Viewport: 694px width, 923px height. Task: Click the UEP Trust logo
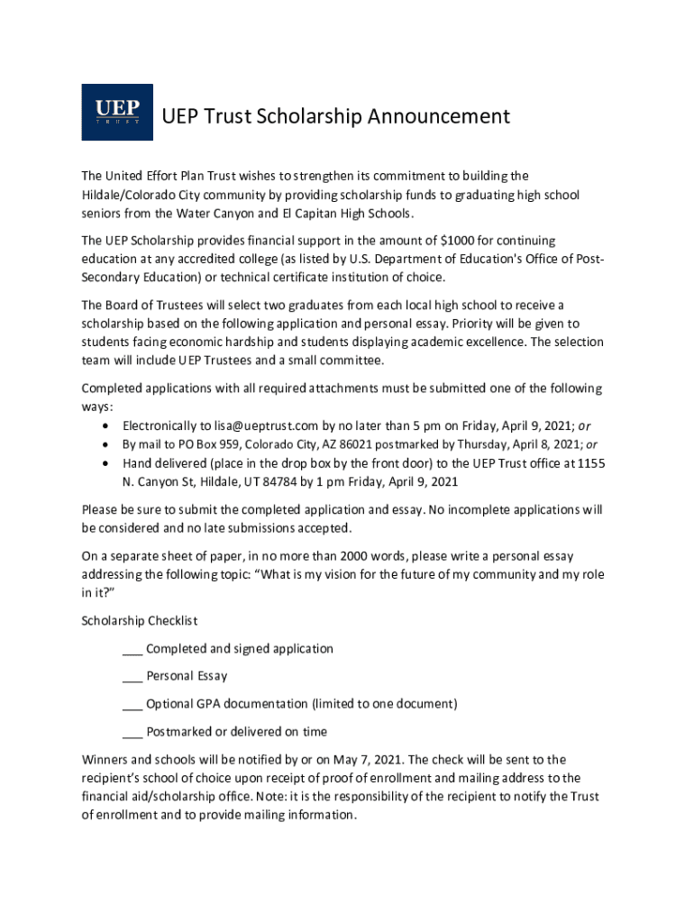coord(117,112)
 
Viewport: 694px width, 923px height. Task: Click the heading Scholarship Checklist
coord(140,621)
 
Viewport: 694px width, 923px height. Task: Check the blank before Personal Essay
coord(132,676)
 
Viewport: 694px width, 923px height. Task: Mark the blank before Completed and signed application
coord(132,649)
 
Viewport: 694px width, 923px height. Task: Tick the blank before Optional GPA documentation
coord(132,704)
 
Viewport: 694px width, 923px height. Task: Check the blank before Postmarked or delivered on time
coord(132,732)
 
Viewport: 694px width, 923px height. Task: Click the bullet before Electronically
coord(107,425)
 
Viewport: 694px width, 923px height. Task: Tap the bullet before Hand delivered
coord(107,463)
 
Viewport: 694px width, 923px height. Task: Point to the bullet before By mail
coord(107,444)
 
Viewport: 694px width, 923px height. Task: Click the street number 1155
coord(589,463)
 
